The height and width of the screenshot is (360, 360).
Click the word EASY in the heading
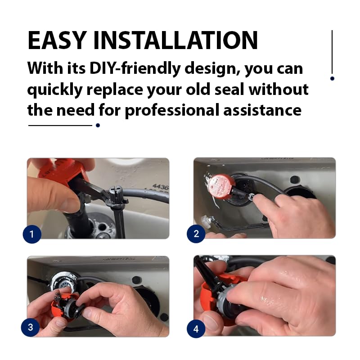pyautogui.click(x=57, y=40)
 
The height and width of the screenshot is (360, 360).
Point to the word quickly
pyautogui.click(x=54, y=89)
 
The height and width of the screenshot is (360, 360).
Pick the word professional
pyautogui.click(x=175, y=110)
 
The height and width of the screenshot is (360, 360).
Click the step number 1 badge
pyautogui.click(x=32, y=234)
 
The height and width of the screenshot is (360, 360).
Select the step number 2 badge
pyautogui.click(x=196, y=234)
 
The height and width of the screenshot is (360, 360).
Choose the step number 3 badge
pyautogui.click(x=30, y=327)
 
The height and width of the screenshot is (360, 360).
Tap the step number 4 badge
pyautogui.click(x=196, y=329)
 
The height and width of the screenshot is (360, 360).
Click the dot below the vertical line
pyautogui.click(x=332, y=78)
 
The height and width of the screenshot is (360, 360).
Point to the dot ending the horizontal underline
pyautogui.click(x=98, y=125)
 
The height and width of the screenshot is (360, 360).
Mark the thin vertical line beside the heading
pyautogui.click(x=332, y=52)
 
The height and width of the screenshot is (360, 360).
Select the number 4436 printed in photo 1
pyautogui.click(x=160, y=185)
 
